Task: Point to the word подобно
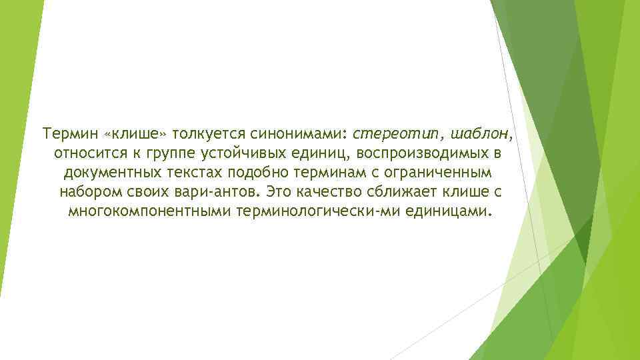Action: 259,173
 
